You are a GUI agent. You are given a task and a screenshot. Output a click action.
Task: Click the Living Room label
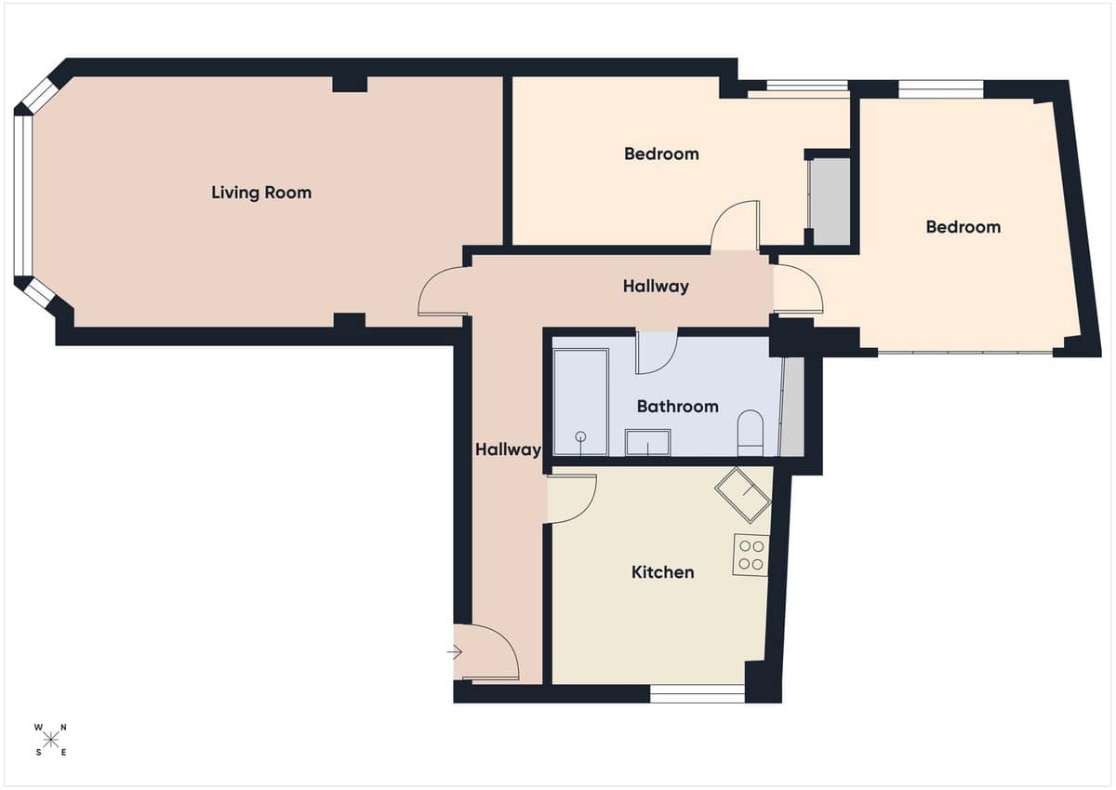click(261, 193)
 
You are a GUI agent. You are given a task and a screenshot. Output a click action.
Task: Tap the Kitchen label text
click(662, 572)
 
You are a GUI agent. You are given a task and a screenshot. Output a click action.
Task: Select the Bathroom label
click(678, 407)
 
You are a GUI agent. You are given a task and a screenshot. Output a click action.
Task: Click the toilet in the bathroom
click(750, 433)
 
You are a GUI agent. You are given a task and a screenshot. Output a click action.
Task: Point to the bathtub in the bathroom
click(581, 402)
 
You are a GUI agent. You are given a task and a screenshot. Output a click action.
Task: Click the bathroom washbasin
click(647, 442)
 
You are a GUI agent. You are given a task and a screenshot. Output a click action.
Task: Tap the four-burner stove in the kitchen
click(751, 556)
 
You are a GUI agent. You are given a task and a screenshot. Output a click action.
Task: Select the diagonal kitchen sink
click(743, 495)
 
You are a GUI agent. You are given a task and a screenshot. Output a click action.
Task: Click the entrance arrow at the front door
click(455, 652)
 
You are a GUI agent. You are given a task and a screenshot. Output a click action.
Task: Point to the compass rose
click(50, 740)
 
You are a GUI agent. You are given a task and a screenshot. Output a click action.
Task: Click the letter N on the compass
click(63, 728)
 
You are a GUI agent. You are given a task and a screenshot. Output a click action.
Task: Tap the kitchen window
click(697, 693)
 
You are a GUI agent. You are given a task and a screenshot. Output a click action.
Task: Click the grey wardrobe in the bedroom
click(830, 202)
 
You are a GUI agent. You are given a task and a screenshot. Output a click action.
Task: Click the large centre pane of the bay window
click(23, 196)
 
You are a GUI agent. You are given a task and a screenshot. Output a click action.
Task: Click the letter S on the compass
click(39, 753)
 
